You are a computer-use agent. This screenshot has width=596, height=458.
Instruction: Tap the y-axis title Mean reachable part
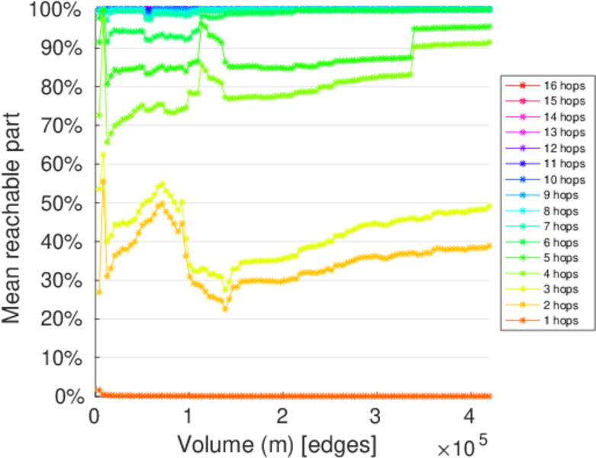[17, 203]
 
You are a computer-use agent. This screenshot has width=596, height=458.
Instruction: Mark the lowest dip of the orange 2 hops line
[225, 308]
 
